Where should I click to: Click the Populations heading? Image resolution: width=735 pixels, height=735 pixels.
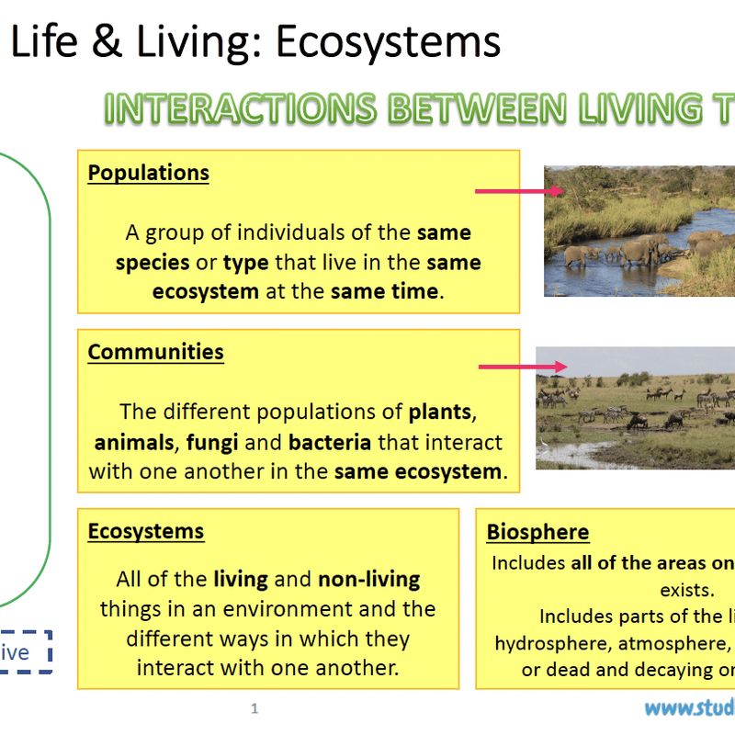[148, 173]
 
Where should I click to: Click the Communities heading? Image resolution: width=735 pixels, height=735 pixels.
[155, 352]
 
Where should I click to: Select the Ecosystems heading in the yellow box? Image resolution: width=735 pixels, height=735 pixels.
[145, 531]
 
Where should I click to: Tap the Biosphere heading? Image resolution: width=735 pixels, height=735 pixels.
[537, 532]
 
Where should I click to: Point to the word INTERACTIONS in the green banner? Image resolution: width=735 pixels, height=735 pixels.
[240, 108]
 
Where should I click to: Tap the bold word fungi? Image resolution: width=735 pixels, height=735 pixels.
[212, 442]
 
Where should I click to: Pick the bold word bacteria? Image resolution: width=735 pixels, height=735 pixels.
[330, 442]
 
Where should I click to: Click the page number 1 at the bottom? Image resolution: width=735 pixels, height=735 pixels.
[254, 708]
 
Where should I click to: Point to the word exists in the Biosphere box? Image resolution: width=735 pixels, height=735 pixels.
[686, 589]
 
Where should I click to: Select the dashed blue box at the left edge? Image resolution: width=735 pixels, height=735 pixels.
[26, 653]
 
